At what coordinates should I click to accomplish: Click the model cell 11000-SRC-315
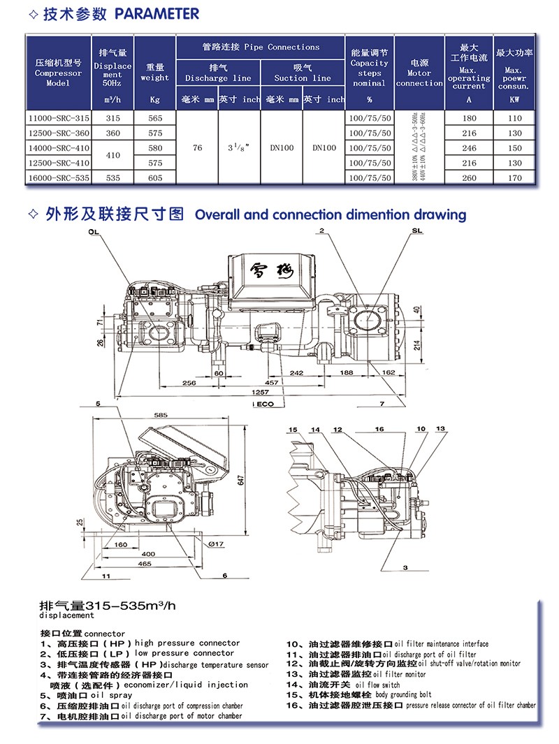click(58, 119)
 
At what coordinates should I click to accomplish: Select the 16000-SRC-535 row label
click(58, 177)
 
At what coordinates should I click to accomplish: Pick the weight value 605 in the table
click(154, 177)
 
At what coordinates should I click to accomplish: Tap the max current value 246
click(469, 148)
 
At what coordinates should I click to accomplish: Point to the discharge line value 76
click(197, 148)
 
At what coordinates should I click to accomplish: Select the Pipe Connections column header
click(260, 47)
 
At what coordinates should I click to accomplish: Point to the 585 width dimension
click(161, 416)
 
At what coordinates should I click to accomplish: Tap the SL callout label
click(417, 231)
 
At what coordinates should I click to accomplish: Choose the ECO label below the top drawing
click(268, 404)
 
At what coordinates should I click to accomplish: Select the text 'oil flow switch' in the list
click(377, 685)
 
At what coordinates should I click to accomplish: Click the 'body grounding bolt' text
click(403, 694)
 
